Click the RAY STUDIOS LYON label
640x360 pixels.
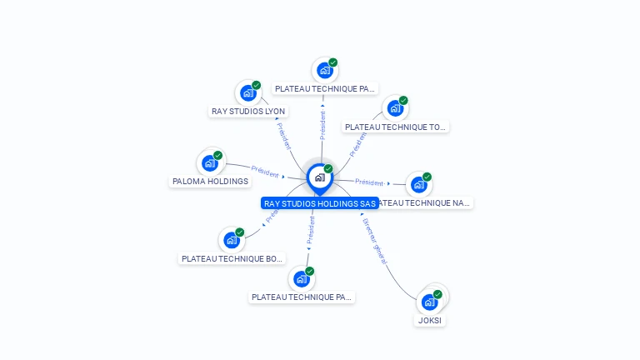pos(248,111)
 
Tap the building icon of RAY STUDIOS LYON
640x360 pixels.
pos(247,93)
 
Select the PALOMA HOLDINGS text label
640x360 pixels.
pos(210,181)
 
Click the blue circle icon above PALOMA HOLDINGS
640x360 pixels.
pos(209,163)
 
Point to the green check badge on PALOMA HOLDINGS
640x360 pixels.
pos(218,155)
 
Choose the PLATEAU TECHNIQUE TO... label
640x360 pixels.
pos(395,127)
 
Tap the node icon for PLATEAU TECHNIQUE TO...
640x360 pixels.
pos(395,108)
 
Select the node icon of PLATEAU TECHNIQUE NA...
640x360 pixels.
pos(418,184)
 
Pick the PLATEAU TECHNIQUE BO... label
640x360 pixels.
pos(232,258)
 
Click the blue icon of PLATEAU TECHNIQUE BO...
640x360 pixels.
pos(232,240)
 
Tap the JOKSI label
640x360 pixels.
pos(430,320)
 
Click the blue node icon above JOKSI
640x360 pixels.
pos(429,302)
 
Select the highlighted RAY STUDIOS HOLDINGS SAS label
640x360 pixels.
pos(320,203)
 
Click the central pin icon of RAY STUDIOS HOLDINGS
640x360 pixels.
pos(319,177)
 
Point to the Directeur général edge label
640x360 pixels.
pos(375,242)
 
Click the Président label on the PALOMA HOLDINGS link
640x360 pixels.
pos(265,172)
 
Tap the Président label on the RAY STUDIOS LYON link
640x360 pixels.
pos(283,136)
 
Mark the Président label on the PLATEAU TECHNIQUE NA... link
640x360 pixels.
pos(369,182)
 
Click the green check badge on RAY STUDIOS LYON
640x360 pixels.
pos(257,85)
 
